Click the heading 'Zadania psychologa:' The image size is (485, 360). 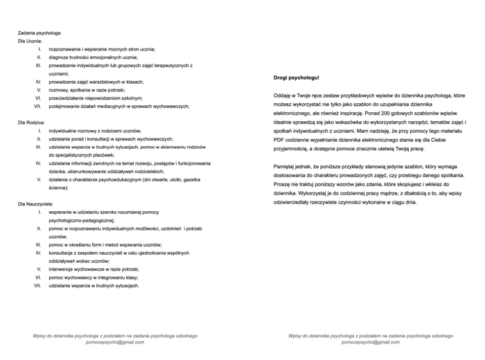tap(39, 33)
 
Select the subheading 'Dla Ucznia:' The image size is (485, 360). tap(30, 41)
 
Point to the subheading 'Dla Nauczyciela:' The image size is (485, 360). tap(35, 204)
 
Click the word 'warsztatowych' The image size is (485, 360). tap(106, 81)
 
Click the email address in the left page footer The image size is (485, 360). tap(116, 343)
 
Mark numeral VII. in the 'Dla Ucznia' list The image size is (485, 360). tap(38, 105)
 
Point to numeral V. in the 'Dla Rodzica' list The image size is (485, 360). tap(39, 179)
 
